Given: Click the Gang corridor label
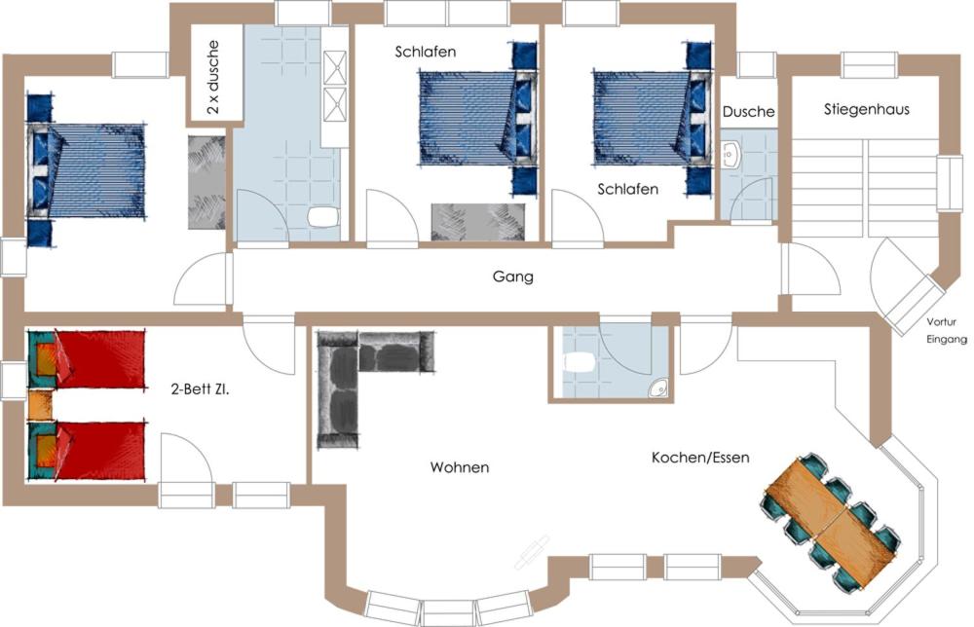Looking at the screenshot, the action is coord(512,277).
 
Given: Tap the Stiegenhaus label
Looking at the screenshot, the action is coord(867,109).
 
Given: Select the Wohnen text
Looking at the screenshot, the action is coord(460,466).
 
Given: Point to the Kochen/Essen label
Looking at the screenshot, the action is coord(700,458).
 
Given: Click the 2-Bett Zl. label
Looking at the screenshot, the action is coord(200,389).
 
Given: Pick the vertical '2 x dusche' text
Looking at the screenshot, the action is coord(213,77).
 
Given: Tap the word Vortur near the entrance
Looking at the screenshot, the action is coord(941,322).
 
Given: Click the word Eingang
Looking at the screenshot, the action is coord(947,339).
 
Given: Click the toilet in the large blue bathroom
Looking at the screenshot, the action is coord(323,217).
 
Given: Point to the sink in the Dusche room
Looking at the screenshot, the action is coord(730,154).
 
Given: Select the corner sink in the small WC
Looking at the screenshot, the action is coord(658,387).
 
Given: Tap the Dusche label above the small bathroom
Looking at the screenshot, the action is coord(748,112).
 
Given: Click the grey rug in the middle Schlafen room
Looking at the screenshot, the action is coord(478,222).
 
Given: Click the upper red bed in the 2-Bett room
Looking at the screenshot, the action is coord(87,360).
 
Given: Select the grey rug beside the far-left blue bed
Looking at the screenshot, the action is coord(206,182).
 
